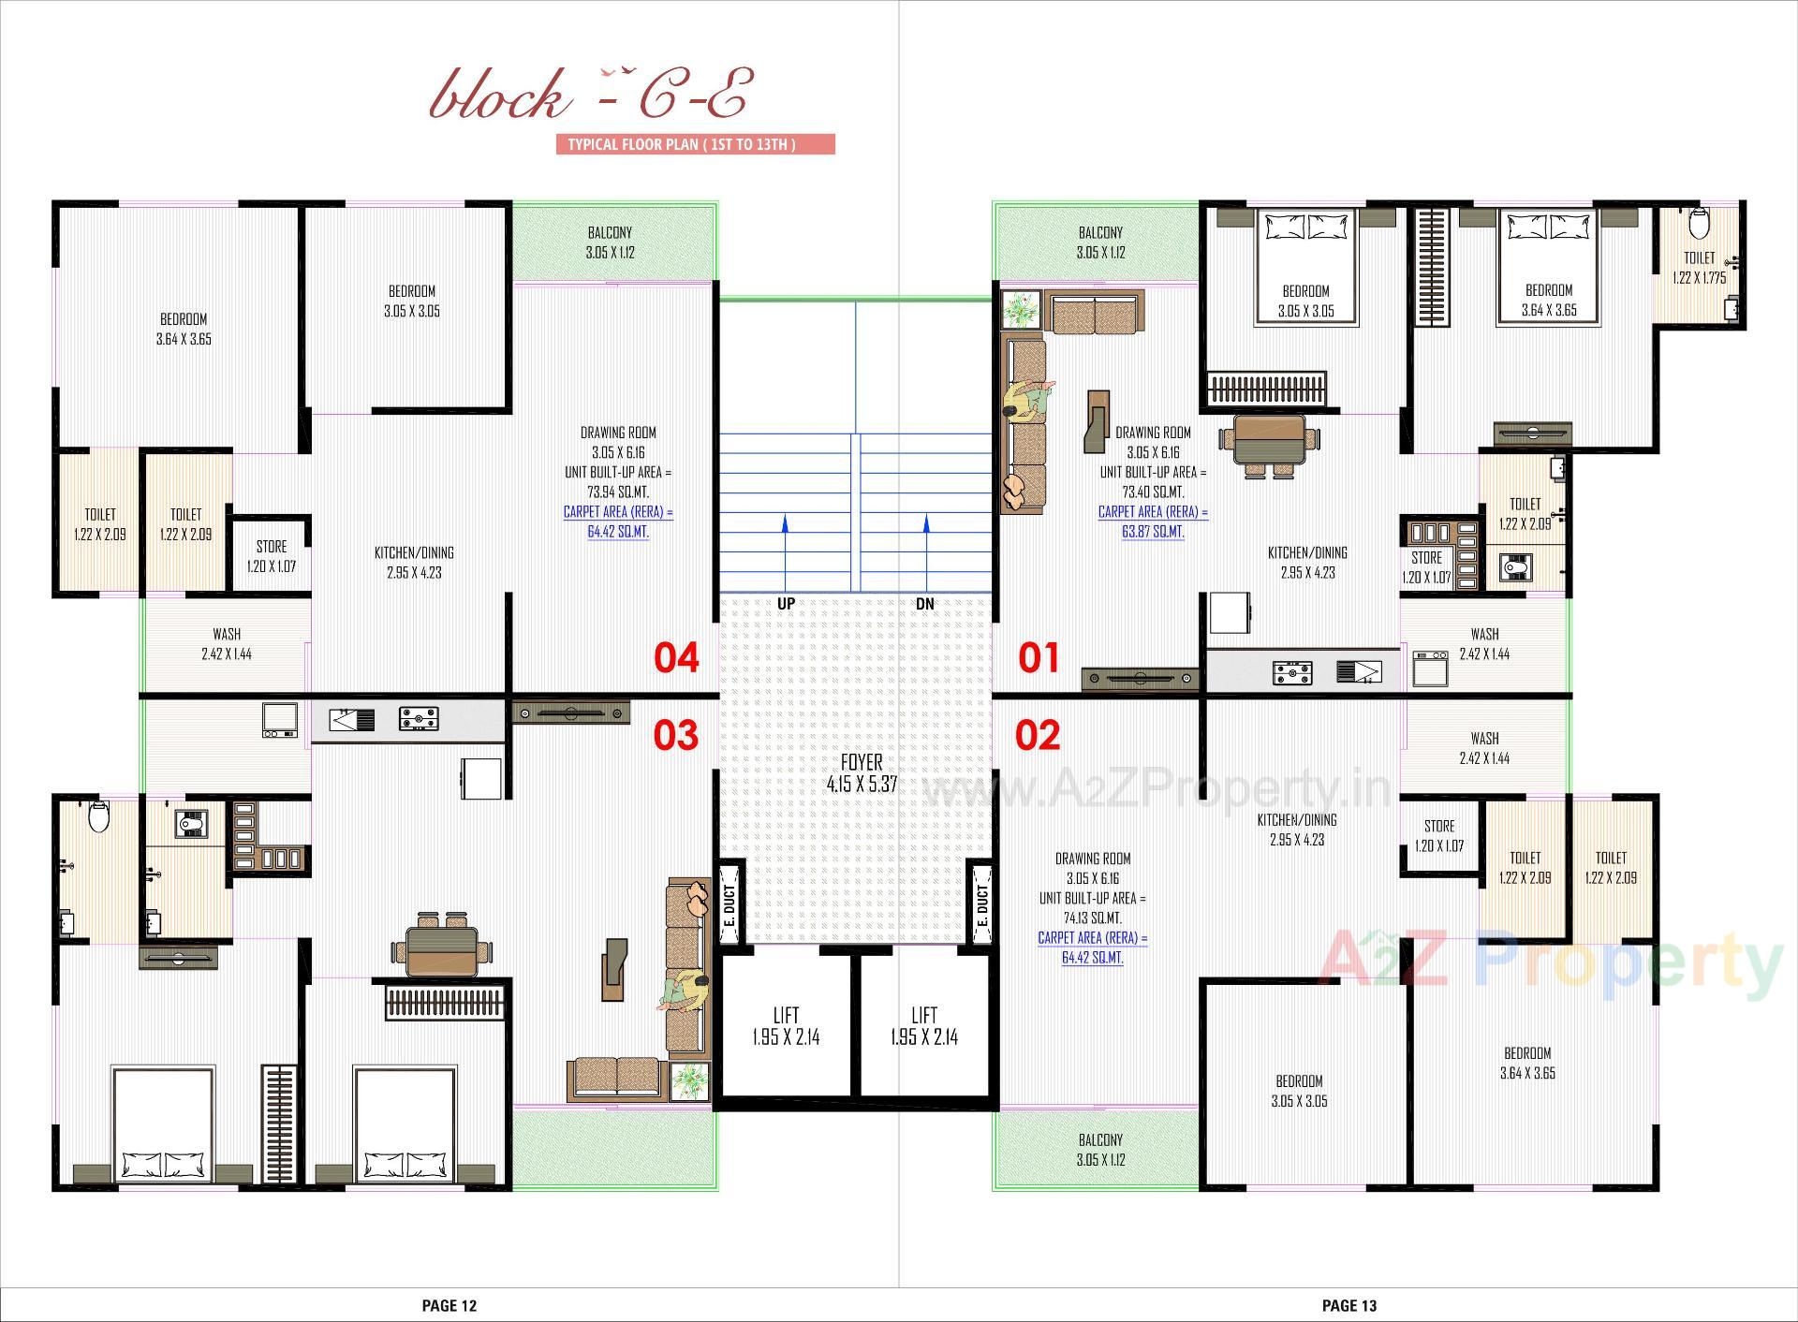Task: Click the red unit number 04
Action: pyautogui.click(x=676, y=658)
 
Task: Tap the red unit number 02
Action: pyautogui.click(x=1038, y=736)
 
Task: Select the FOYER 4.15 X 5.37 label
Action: pyautogui.click(x=861, y=773)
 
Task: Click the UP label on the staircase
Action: pyautogui.click(x=786, y=604)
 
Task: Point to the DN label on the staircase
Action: pyautogui.click(x=925, y=604)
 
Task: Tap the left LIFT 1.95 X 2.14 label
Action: pyautogui.click(x=786, y=1026)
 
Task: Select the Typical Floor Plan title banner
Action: pyautogui.click(x=695, y=144)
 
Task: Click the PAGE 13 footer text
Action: pyautogui.click(x=1348, y=1305)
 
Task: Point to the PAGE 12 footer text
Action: pyautogui.click(x=449, y=1305)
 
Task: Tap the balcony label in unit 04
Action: pyautogui.click(x=610, y=242)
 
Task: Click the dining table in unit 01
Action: pyautogui.click(x=1270, y=440)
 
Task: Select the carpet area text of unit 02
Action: pyautogui.click(x=1092, y=947)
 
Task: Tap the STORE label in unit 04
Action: pyautogui.click(x=272, y=556)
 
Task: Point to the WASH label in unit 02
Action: pyautogui.click(x=1484, y=748)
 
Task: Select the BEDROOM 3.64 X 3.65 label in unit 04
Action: pyautogui.click(x=184, y=329)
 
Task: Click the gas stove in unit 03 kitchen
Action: pyautogui.click(x=419, y=719)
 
